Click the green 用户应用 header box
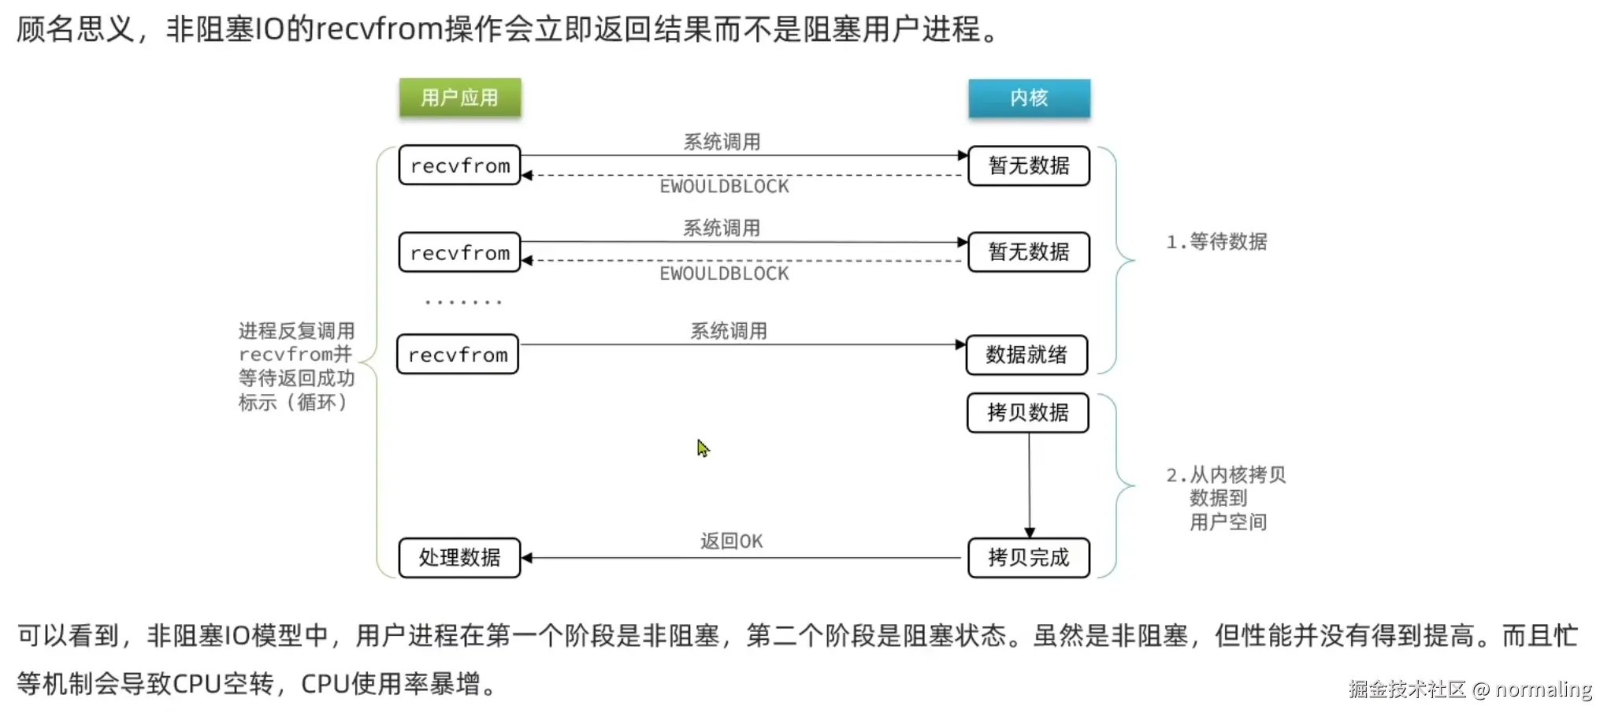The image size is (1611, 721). click(459, 98)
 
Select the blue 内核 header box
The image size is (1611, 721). click(1029, 98)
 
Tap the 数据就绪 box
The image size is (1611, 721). click(1026, 355)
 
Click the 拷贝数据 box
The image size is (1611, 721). click(1027, 413)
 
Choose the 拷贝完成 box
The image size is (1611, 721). click(1028, 558)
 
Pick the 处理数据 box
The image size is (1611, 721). click(459, 558)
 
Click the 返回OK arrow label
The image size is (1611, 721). click(731, 541)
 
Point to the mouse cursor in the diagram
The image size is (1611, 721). click(703, 448)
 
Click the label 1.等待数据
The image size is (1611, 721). click(1216, 242)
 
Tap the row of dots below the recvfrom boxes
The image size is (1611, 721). click(462, 302)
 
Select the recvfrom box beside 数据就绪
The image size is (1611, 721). click(458, 355)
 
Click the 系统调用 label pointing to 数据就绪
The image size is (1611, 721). click(729, 331)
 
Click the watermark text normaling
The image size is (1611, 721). click(1543, 689)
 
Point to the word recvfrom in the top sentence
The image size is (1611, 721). click(380, 29)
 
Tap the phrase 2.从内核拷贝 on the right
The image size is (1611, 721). click(1226, 475)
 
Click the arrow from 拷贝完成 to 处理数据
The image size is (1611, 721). click(741, 558)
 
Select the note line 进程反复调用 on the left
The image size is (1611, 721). click(296, 331)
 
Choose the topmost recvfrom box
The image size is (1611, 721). click(459, 165)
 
